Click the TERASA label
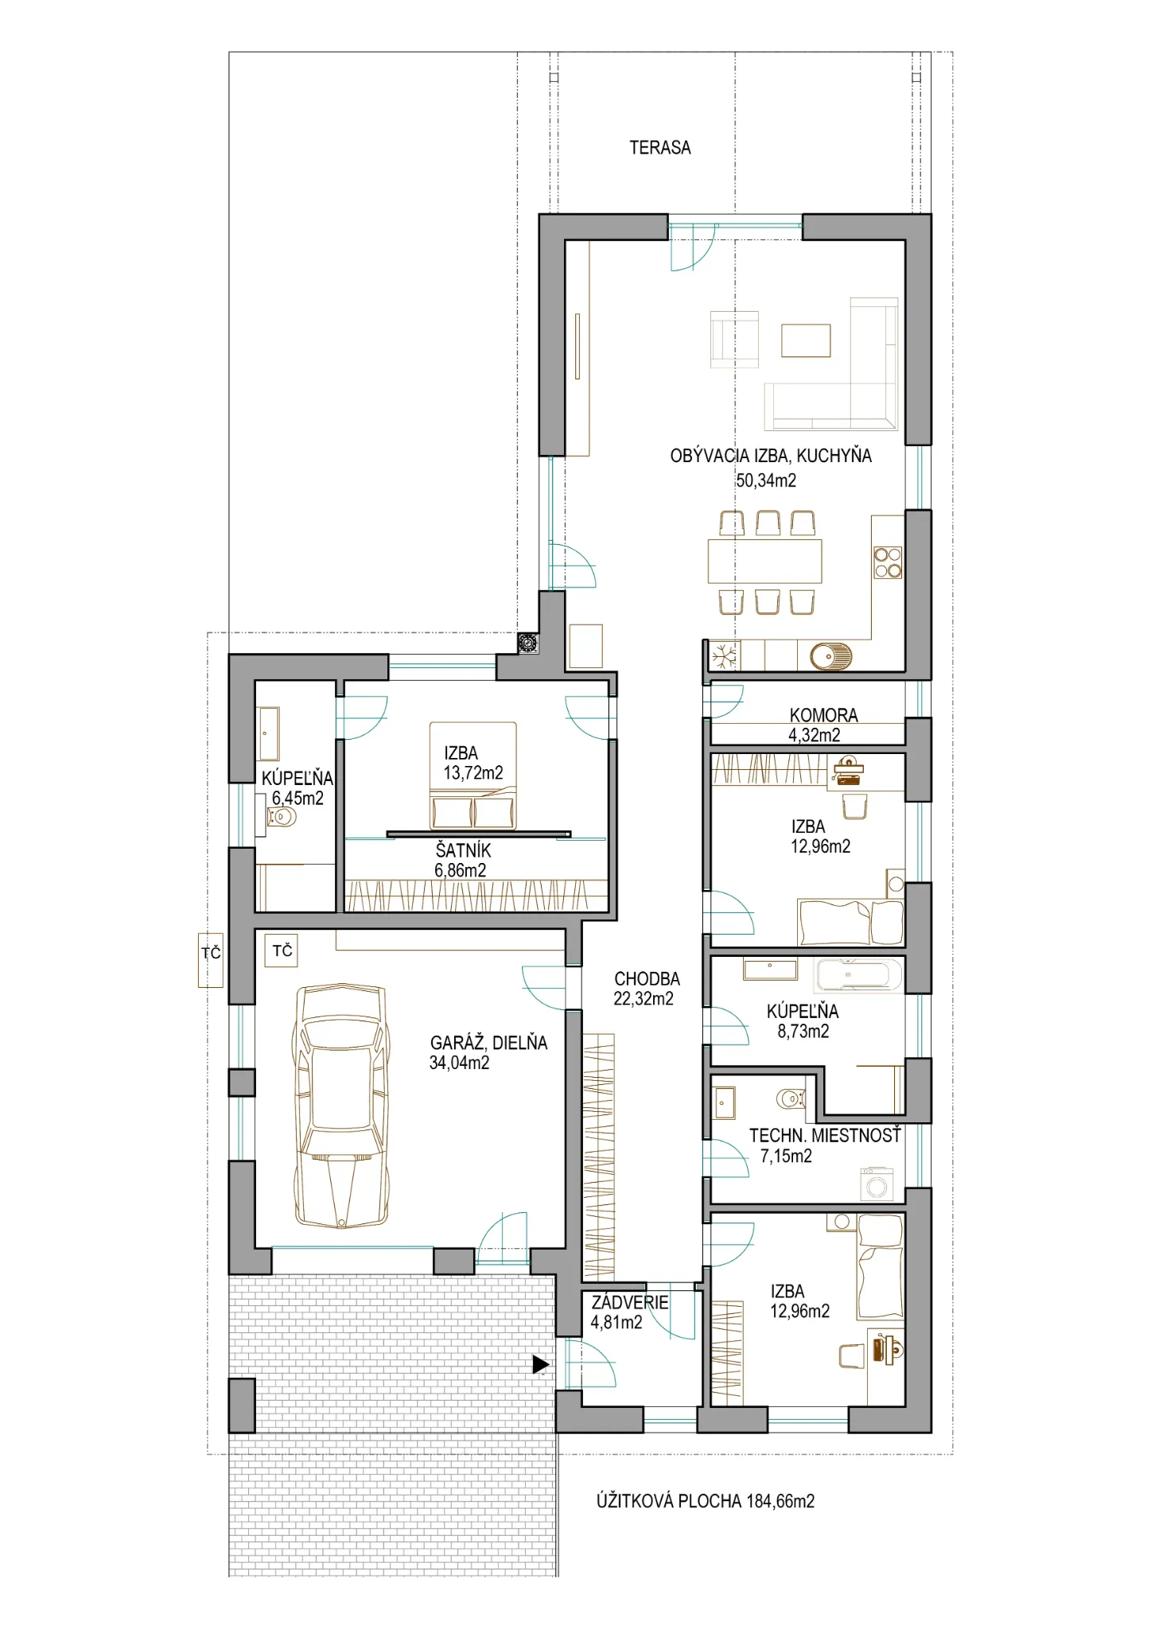tap(660, 148)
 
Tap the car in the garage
tap(341, 1106)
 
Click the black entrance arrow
tap(541, 1364)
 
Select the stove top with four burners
tap(888, 562)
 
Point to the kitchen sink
tap(831, 656)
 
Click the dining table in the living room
tap(765, 562)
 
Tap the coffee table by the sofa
tap(806, 340)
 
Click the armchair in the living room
tap(734, 340)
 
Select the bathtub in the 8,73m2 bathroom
tap(859, 975)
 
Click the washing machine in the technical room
tap(878, 1184)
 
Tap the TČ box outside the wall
tap(211, 960)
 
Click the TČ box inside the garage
tap(282, 951)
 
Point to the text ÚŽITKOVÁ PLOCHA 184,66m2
tap(706, 1501)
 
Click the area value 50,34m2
tap(766, 480)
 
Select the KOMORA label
tap(824, 715)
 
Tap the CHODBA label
tap(647, 979)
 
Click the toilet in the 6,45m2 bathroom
tap(282, 816)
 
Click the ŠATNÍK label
tap(464, 850)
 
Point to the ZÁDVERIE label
tap(630, 1302)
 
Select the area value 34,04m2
tap(460, 1063)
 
